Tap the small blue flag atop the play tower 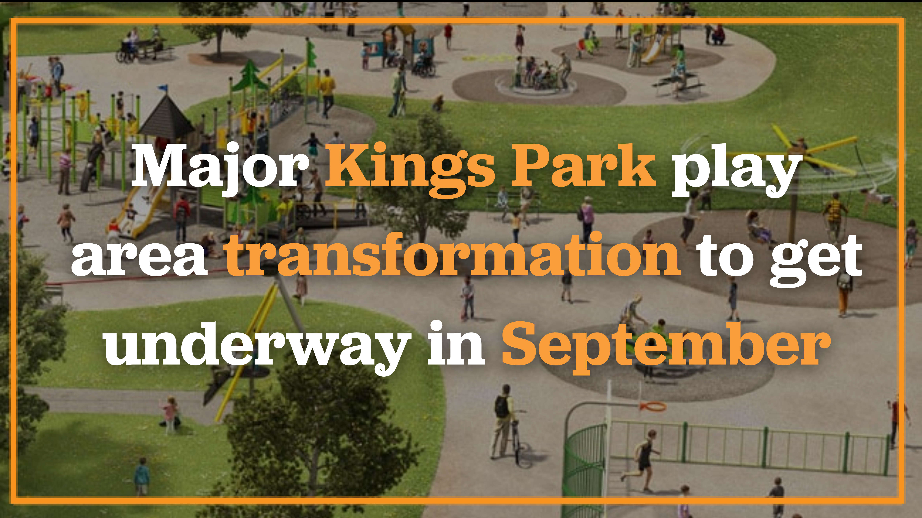click(163, 88)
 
